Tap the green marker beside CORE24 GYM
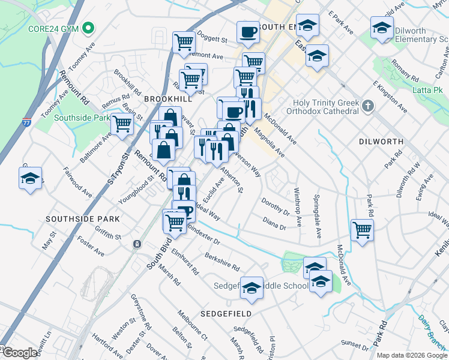click(88, 28)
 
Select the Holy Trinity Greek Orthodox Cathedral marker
click(368, 107)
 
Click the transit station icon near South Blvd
click(137, 244)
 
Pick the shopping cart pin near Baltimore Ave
click(122, 124)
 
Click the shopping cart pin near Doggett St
click(184, 41)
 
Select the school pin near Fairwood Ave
click(31, 178)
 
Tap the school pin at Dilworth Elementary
click(382, 27)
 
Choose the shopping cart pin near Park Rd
click(362, 229)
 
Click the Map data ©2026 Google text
click(411, 355)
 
